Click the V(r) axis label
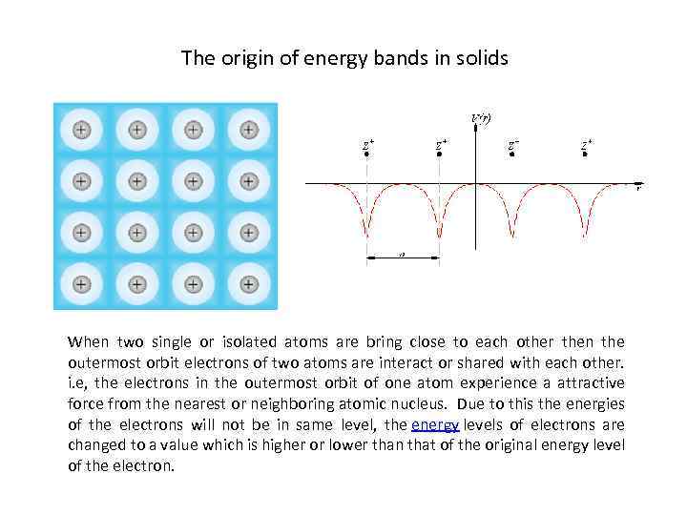[481, 118]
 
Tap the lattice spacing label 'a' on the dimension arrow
[402, 255]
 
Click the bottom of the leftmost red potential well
[366, 233]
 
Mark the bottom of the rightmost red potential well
[585, 233]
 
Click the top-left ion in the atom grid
[82, 129]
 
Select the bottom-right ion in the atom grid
[249, 283]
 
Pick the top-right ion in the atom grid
[249, 129]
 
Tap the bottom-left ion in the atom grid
[82, 283]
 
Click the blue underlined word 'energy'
[435, 423]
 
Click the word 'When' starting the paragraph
[88, 342]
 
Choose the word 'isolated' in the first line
[224, 342]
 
